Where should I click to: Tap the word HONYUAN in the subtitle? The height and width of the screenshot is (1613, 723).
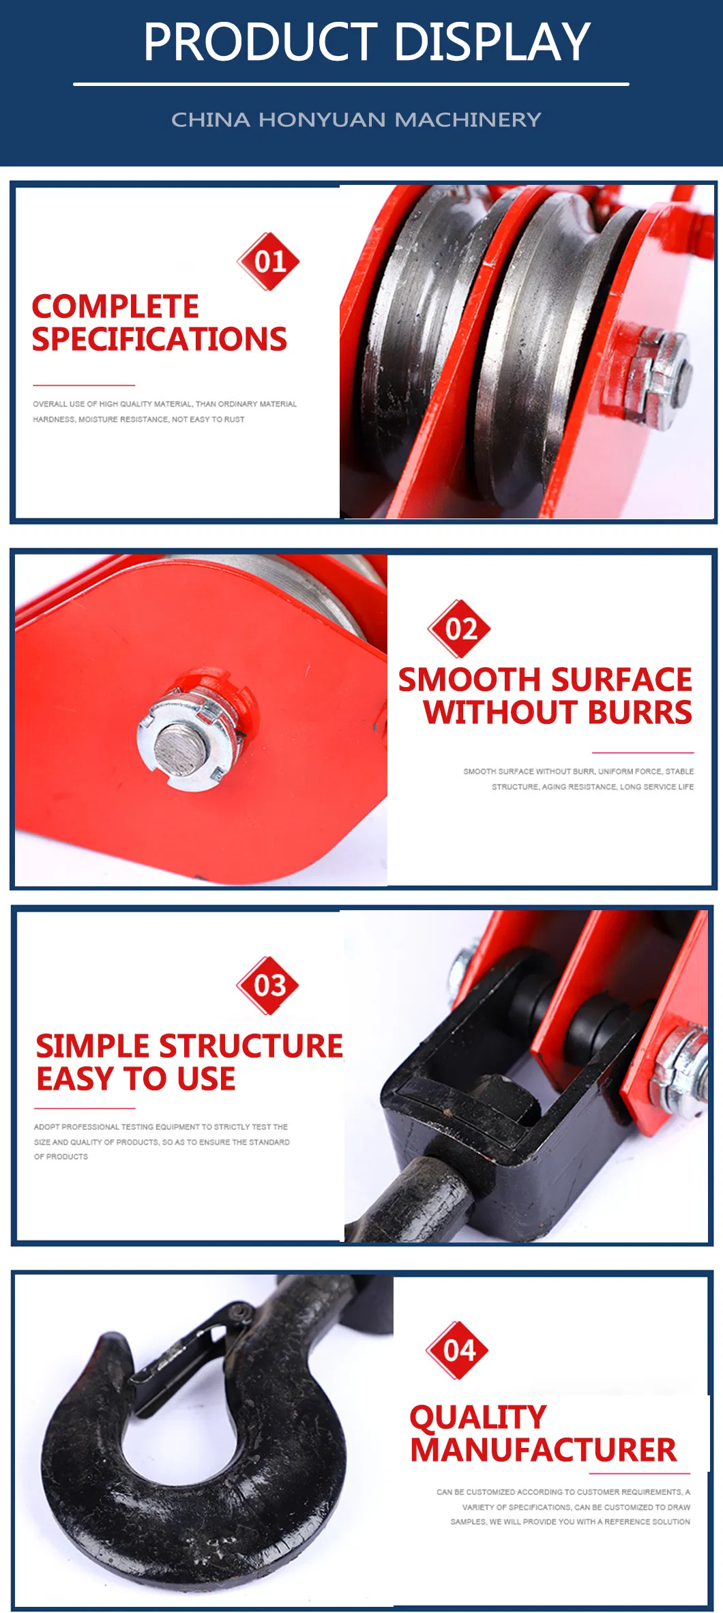click(322, 119)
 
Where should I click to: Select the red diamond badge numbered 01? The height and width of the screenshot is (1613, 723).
click(269, 261)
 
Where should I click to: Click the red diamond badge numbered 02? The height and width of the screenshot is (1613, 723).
click(459, 628)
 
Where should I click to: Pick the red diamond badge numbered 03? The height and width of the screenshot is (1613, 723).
click(269, 985)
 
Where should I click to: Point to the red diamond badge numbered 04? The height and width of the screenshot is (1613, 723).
click(458, 1350)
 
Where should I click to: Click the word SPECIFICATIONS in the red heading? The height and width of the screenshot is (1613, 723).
click(160, 339)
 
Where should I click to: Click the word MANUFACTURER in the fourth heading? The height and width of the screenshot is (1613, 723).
click(544, 1450)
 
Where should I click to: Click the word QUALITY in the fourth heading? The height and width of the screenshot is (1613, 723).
click(478, 1418)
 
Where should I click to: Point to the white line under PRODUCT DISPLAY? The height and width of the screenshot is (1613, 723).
click(351, 85)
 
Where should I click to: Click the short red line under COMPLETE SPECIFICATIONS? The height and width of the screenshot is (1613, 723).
click(84, 386)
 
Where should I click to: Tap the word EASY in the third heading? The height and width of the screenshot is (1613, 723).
click(75, 1079)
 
